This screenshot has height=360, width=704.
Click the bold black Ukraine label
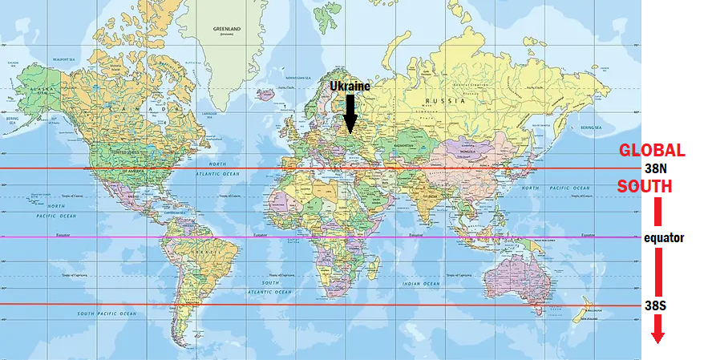point(350,85)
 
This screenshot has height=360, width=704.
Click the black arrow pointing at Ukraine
point(350,111)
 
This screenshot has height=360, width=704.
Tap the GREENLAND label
point(227,29)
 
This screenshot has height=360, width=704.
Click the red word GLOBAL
point(652,151)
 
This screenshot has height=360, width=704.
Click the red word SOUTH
point(644,186)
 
